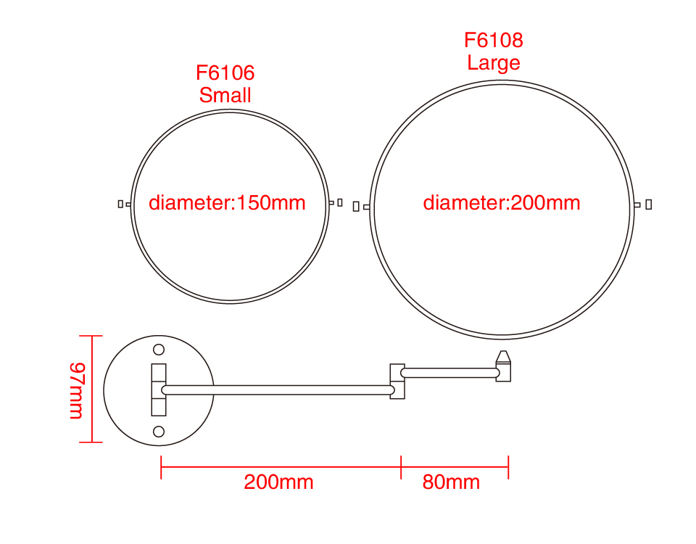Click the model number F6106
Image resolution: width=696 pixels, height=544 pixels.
click(225, 73)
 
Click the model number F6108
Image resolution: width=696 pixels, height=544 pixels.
click(494, 40)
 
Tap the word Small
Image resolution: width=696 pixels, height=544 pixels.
click(225, 95)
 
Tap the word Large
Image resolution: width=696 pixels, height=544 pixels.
click(494, 62)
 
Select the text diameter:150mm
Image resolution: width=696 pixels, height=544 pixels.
click(227, 202)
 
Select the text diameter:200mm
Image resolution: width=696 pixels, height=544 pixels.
click(502, 202)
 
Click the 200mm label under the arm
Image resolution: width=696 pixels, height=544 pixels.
click(278, 482)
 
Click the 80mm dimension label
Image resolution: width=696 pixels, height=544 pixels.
click(451, 482)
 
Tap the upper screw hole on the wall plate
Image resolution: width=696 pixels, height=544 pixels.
click(159, 350)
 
